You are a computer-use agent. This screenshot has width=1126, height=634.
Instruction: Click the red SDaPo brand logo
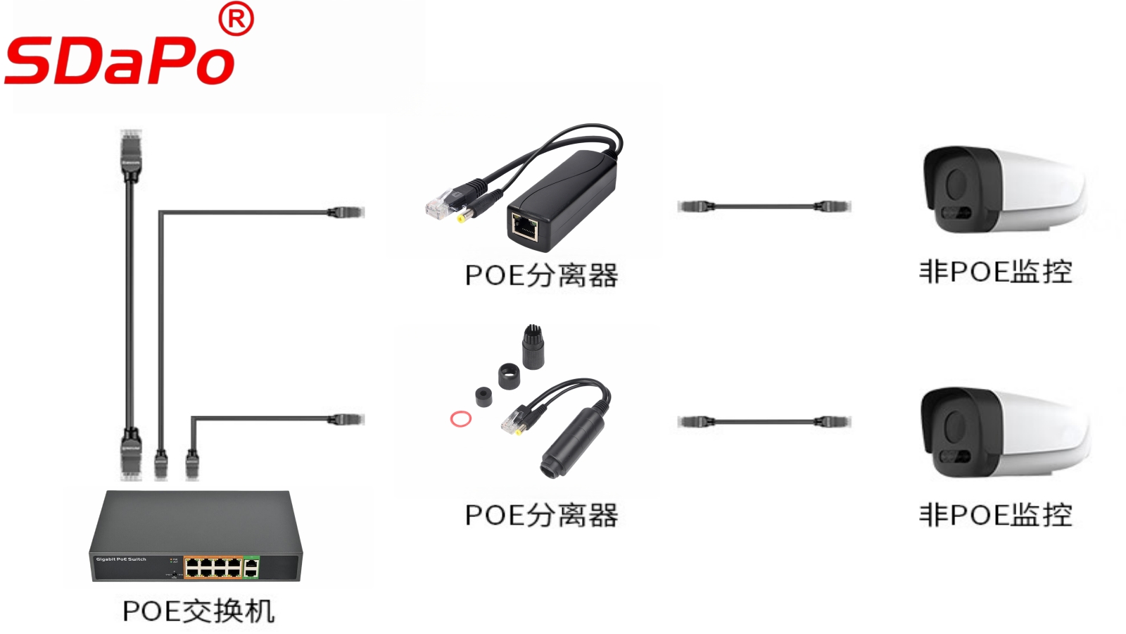(x=120, y=61)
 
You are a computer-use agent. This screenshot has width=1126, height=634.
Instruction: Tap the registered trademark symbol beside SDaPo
(x=236, y=20)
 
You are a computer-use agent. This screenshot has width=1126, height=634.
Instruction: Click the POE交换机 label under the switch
(x=198, y=611)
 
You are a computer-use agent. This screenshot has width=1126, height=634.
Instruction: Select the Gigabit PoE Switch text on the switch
(x=121, y=559)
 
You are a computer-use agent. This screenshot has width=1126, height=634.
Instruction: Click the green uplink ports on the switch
(x=251, y=566)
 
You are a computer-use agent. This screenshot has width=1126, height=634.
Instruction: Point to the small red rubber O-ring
(x=461, y=419)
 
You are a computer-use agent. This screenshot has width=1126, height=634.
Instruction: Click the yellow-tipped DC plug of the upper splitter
(x=462, y=218)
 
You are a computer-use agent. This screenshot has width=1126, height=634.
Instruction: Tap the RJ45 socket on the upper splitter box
(x=525, y=226)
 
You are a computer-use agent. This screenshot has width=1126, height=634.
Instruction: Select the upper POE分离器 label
(x=541, y=275)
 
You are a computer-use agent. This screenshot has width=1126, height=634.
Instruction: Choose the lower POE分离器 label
(x=541, y=515)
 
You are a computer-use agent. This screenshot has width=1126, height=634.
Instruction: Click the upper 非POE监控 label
(x=995, y=272)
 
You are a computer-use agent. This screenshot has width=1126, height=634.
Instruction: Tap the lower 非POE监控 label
(x=995, y=514)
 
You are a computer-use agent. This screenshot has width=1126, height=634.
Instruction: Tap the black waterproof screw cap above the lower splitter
(x=533, y=344)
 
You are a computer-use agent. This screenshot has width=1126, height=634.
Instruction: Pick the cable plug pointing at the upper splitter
(x=346, y=211)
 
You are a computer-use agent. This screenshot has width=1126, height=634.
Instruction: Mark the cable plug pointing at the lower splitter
(x=346, y=419)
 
